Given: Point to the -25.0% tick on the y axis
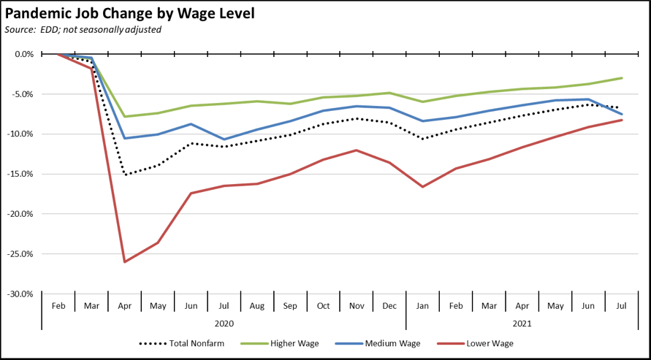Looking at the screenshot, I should tap(22, 254).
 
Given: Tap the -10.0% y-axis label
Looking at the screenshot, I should tap(22, 134).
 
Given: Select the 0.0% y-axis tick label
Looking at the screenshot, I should tap(24, 54).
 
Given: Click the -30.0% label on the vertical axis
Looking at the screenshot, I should tap(22, 294).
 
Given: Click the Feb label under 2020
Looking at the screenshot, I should tap(58, 305).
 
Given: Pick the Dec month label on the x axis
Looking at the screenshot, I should tap(389, 305).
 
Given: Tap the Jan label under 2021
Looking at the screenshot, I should tap(422, 305).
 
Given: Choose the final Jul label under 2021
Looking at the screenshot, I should tap(621, 305).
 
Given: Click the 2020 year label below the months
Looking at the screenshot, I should tap(224, 322).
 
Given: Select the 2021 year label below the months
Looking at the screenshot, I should tap(522, 322).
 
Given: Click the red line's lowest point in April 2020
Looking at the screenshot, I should tap(125, 261).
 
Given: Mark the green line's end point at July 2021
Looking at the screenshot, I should tap(622, 78).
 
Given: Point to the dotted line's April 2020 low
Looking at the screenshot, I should tap(125, 175).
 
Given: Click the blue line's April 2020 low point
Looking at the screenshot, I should tap(125, 138).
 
